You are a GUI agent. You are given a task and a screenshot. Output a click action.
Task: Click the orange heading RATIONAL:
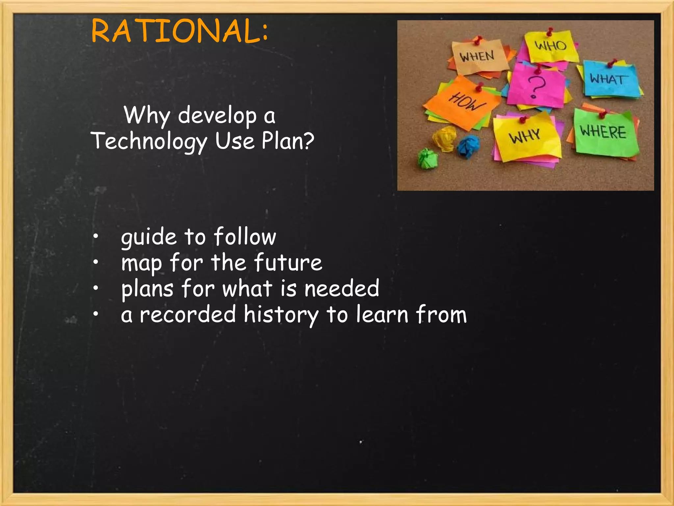(x=180, y=31)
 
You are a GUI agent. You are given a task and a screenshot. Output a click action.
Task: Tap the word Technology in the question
(x=149, y=141)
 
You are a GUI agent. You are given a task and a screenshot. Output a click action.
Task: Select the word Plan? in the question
(x=288, y=141)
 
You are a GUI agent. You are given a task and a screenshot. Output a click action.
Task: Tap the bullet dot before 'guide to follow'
(x=95, y=236)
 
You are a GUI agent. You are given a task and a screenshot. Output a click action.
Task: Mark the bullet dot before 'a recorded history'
(x=95, y=314)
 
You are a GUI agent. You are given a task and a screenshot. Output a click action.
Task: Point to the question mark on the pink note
(x=536, y=86)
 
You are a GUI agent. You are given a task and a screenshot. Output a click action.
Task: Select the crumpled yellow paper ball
(x=444, y=138)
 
